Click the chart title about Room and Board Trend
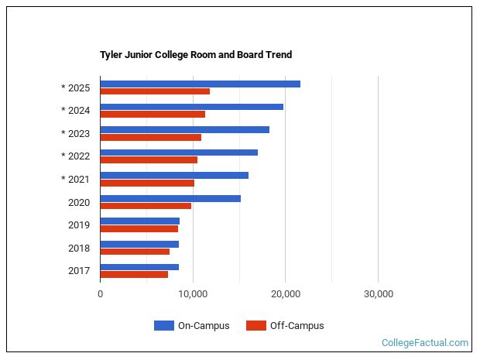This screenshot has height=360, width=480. (196, 55)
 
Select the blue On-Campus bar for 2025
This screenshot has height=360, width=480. (200, 84)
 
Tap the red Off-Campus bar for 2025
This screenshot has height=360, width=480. (155, 91)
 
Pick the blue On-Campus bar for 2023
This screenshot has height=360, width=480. (184, 129)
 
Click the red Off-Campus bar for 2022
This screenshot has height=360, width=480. (149, 160)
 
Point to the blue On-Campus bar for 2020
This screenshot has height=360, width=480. (170, 198)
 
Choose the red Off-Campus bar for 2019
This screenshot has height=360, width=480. (139, 228)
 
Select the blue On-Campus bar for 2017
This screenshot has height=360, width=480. (139, 267)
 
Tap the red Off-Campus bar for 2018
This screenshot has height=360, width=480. (135, 252)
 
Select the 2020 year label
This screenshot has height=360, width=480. (79, 203)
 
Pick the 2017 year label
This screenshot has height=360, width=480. (79, 271)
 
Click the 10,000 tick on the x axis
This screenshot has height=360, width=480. (193, 294)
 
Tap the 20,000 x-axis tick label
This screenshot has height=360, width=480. (286, 294)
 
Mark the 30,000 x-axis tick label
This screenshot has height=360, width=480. (378, 294)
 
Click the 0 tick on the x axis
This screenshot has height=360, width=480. (101, 294)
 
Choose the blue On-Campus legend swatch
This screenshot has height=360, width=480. (163, 326)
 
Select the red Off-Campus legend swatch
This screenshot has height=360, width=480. (255, 326)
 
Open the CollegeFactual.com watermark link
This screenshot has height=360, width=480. (425, 343)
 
